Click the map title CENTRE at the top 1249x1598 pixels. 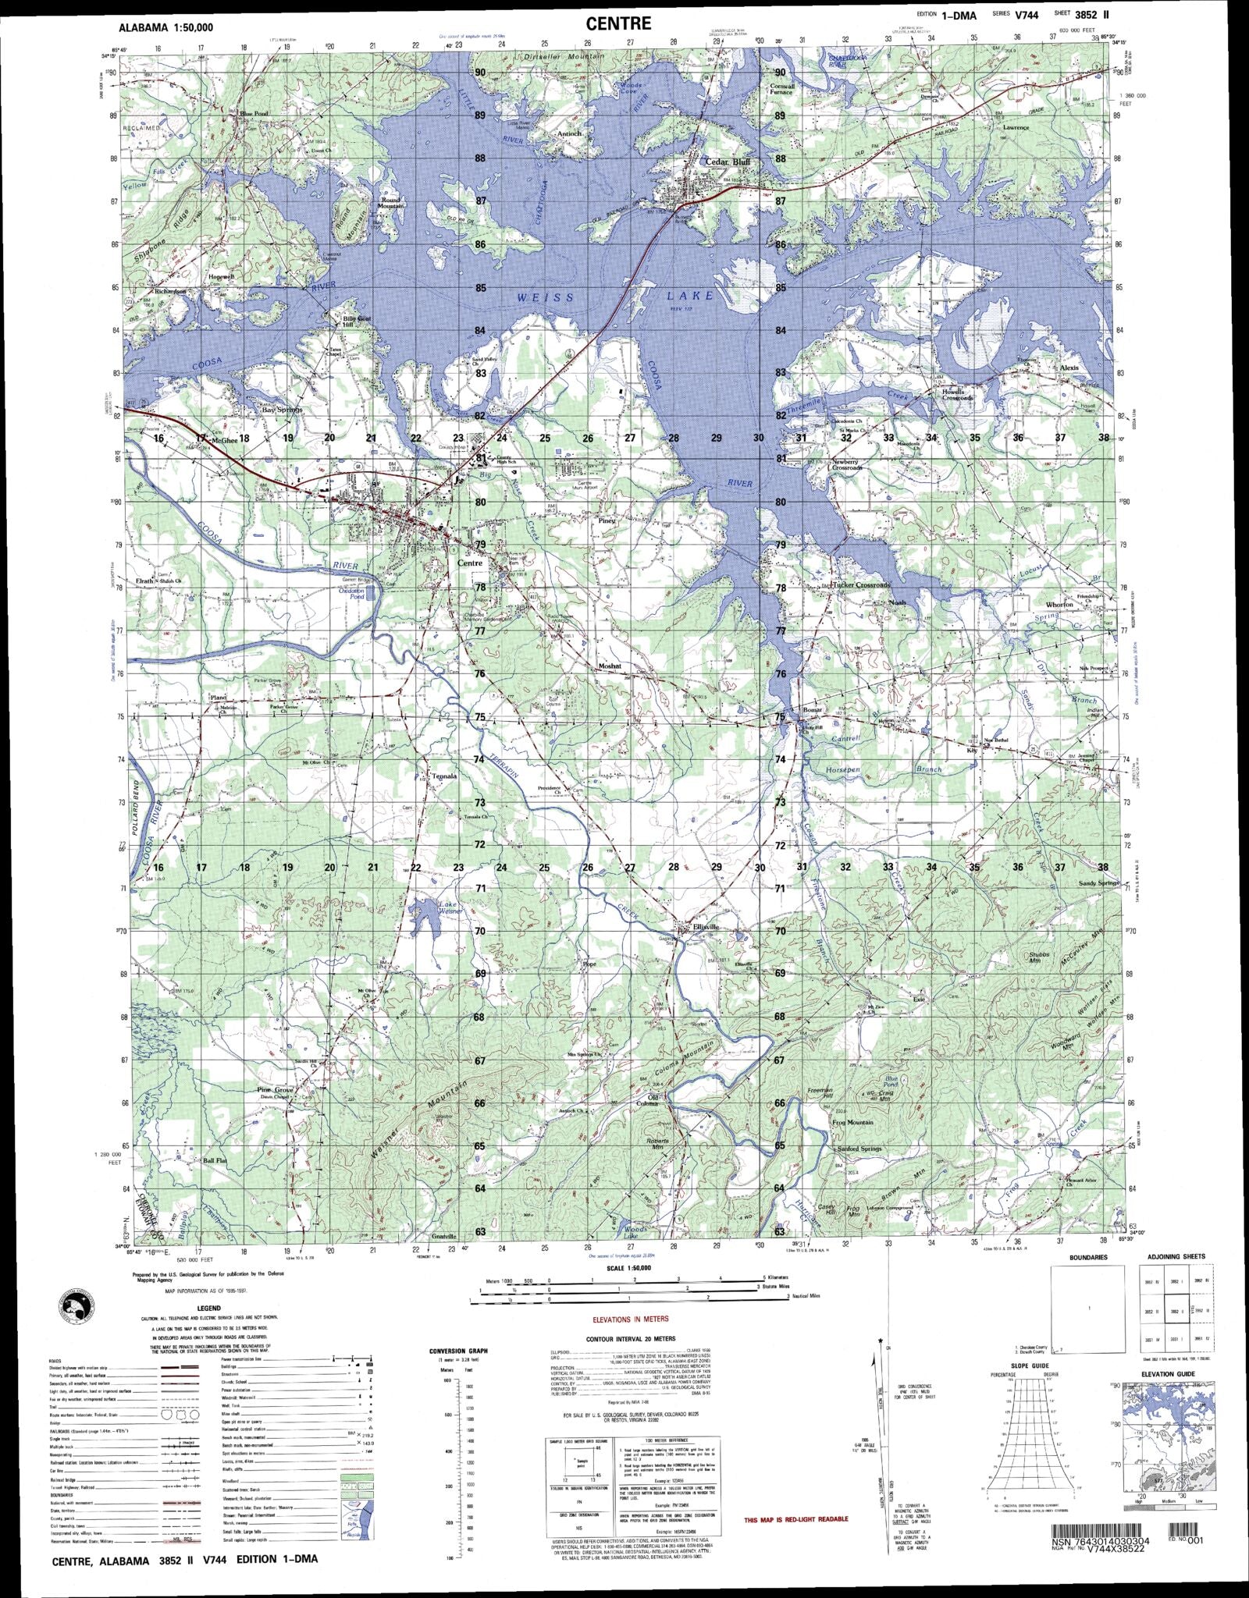click(618, 23)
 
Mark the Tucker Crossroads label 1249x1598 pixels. click(860, 584)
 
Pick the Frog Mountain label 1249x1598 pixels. click(852, 1122)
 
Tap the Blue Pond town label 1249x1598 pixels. click(254, 114)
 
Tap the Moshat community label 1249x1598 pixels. click(610, 666)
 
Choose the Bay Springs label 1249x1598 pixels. click(281, 409)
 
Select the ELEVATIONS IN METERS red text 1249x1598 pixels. click(630, 1319)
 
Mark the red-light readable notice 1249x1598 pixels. click(795, 1519)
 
